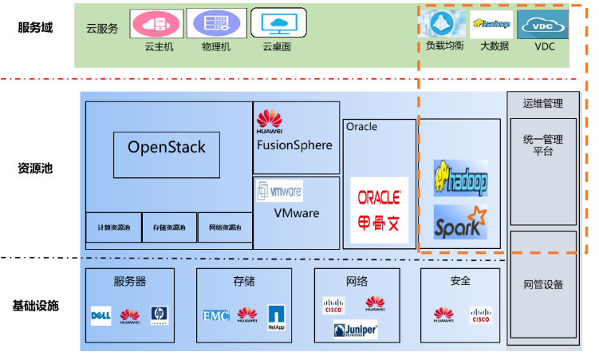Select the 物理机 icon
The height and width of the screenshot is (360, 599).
[216, 23]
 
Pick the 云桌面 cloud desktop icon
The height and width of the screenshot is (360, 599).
[278, 23]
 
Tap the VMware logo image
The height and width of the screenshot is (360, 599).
[279, 192]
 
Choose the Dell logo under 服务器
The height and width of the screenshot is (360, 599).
[100, 316]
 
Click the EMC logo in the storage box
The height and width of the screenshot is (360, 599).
[215, 316]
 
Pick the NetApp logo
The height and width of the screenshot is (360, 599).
[276, 317]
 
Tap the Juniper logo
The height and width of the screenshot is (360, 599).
[356, 330]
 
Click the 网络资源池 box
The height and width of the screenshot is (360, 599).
[225, 228]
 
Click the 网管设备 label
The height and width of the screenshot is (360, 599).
[543, 284]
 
